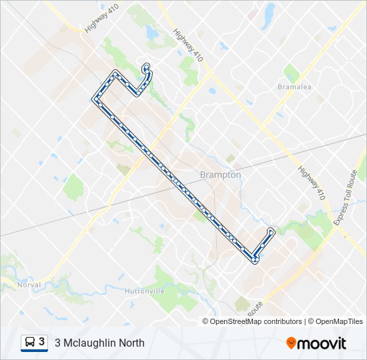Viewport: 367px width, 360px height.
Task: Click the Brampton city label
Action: [220, 175]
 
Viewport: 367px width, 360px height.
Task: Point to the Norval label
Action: [29, 285]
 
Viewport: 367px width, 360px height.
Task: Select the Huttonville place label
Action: [145, 291]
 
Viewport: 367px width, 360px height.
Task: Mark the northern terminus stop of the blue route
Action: [145, 65]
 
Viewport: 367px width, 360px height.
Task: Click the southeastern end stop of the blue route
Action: [271, 231]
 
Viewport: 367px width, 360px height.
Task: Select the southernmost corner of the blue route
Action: [255, 259]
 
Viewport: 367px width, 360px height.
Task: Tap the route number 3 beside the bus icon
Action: [42, 342]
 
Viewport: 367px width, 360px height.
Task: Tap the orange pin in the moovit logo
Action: [291, 343]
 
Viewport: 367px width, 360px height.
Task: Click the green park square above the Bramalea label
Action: [292, 72]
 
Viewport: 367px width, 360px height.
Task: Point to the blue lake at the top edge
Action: [270, 11]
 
